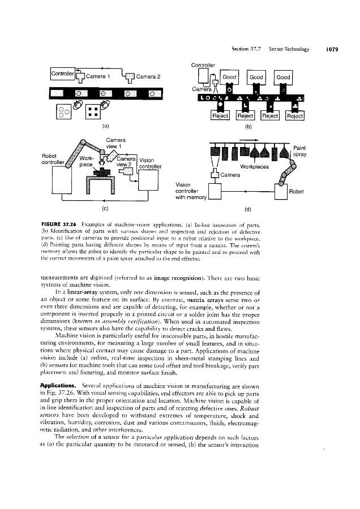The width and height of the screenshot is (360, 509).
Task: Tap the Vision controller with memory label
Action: pos(190,191)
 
